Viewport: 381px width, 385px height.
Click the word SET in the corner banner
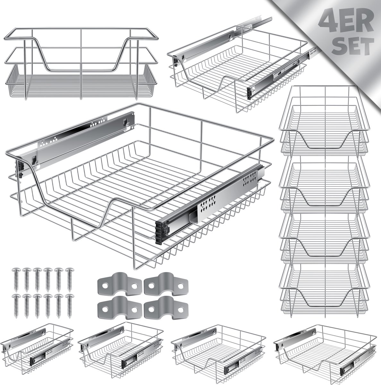(353, 46)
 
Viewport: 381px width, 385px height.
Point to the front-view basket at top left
(81, 64)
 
